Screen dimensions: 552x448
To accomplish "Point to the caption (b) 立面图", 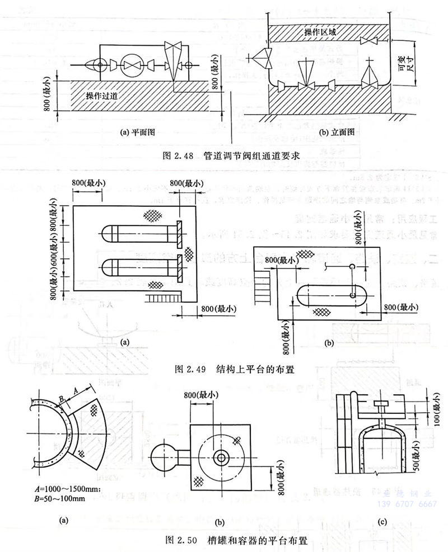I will tap(334, 133).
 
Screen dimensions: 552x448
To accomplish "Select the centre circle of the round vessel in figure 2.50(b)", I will tap(222, 457).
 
